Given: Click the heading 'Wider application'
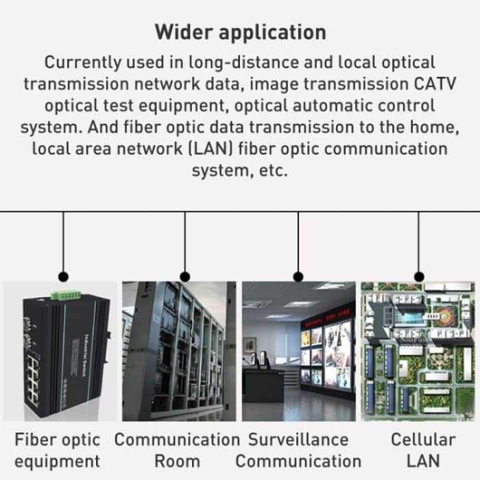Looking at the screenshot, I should coord(239,32).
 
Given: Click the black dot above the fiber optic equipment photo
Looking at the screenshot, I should coord(63,276).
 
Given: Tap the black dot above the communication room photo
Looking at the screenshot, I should coord(184,276).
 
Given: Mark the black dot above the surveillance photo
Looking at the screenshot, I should coord(298,276).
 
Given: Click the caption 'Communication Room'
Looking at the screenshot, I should coord(177,450).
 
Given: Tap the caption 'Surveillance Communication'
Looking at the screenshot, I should coord(298,450).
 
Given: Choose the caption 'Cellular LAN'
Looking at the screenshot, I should coord(422,450).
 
